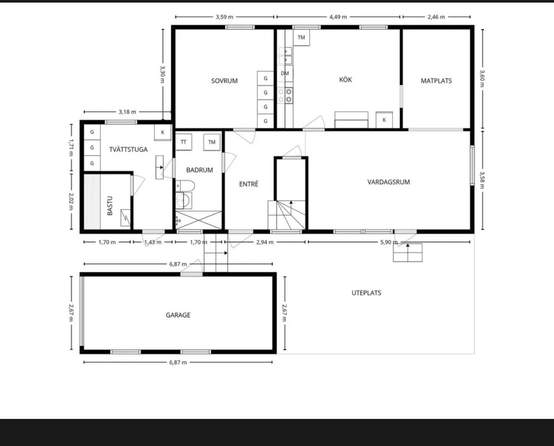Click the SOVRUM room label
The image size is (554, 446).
[224, 81]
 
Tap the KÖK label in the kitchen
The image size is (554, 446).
[345, 80]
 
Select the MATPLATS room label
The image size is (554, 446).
[436, 81]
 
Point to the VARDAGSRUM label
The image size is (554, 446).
[389, 182]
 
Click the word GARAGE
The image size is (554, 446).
[178, 315]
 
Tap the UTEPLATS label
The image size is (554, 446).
[366, 293]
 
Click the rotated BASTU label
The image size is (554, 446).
[110, 206]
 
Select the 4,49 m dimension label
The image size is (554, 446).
[338, 17]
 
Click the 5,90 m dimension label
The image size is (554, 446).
[389, 242]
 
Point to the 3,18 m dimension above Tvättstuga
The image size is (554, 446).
[127, 112]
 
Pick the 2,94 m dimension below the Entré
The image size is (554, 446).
[265, 242]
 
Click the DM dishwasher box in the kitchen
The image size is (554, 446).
[285, 74]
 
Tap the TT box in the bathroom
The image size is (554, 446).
[183, 142]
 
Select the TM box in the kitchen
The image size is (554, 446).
[301, 38]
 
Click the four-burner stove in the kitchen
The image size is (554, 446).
[285, 95]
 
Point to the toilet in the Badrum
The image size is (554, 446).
[185, 186]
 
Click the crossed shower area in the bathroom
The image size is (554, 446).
[198, 220]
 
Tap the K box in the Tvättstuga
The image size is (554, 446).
[163, 132]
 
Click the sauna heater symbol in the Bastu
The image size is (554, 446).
[125, 218]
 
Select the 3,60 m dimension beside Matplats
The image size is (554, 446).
[482, 79]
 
